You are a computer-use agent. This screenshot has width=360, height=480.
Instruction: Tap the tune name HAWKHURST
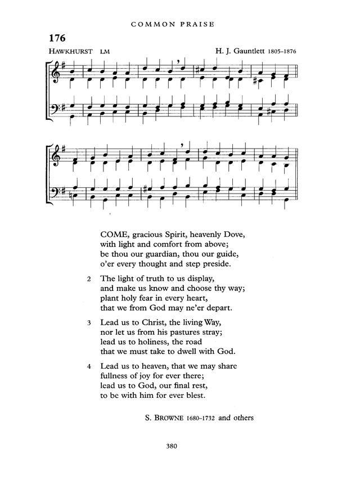67,51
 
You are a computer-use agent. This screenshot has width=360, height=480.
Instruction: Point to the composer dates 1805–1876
281,51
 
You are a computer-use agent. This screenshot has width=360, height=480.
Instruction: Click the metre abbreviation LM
104,52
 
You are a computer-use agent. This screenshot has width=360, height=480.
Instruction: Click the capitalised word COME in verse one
115,234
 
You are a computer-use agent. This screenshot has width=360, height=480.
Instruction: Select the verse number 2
89,279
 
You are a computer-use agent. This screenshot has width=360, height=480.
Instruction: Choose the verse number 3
89,323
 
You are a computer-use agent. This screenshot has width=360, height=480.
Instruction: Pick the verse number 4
89,366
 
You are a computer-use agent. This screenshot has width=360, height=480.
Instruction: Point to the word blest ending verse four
195,396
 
